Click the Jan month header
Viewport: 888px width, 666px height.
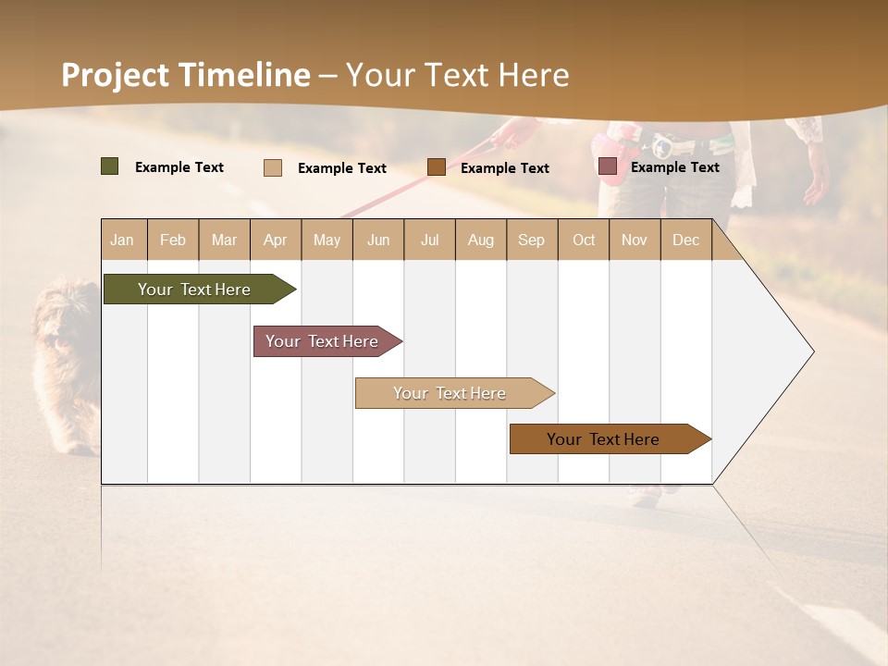(122, 240)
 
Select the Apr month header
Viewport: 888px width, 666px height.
(275, 240)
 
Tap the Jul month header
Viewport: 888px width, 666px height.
(429, 240)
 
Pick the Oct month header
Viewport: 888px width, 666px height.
(584, 240)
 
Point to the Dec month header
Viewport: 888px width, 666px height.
(685, 240)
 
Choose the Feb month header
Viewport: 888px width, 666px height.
(173, 240)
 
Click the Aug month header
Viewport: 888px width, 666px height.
(480, 240)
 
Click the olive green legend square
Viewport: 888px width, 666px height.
(109, 166)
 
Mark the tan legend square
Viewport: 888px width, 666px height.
(272, 167)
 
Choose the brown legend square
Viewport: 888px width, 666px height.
(437, 166)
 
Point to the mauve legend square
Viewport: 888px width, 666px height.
(607, 166)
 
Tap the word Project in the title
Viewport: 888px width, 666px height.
(115, 75)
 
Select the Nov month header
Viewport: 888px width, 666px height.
(634, 240)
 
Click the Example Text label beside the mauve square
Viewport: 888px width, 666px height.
(674, 167)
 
